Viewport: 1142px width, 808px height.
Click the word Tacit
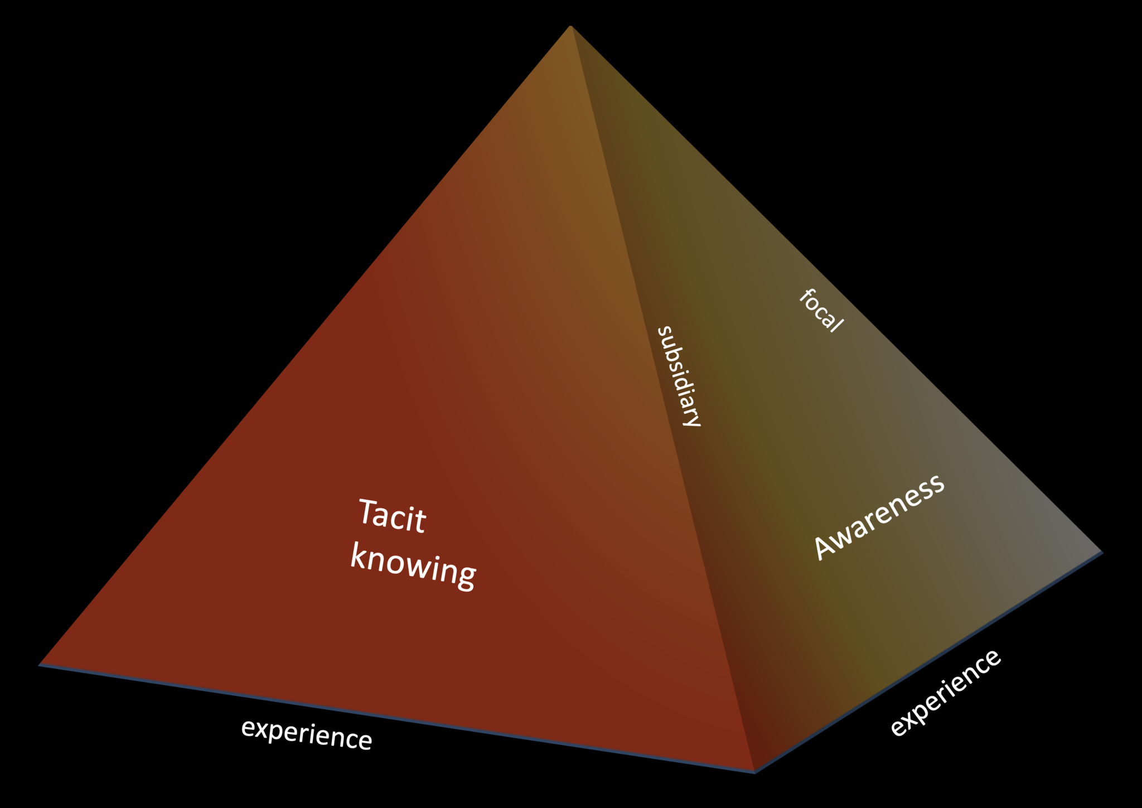tap(391, 516)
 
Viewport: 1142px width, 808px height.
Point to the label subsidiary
tap(679, 376)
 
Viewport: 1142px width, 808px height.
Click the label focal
tap(821, 311)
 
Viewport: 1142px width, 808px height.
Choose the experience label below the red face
tap(306, 734)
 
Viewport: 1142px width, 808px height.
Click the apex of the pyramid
tap(570, 26)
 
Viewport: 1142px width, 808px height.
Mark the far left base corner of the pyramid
tap(39, 665)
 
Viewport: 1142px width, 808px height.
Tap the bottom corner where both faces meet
tap(754, 772)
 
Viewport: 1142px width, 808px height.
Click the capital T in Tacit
tap(367, 511)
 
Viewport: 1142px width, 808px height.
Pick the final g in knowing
tap(465, 577)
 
